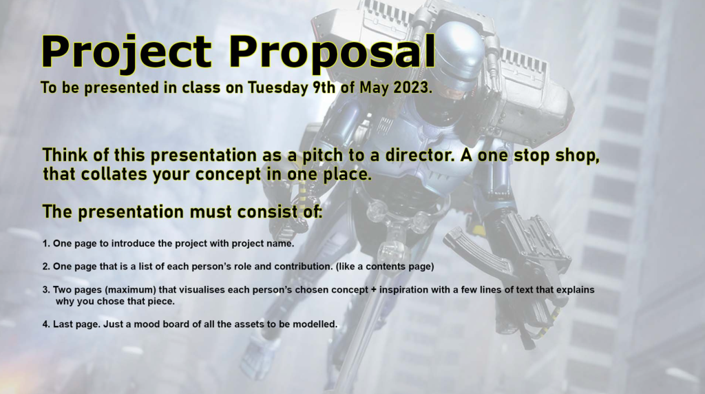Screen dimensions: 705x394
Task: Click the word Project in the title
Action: (x=127, y=53)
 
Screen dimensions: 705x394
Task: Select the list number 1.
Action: (x=46, y=244)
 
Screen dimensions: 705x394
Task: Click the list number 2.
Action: (x=46, y=267)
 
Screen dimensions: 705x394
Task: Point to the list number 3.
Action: (x=46, y=290)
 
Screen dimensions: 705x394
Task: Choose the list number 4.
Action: (x=46, y=324)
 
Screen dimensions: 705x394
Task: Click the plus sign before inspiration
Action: (x=374, y=290)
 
